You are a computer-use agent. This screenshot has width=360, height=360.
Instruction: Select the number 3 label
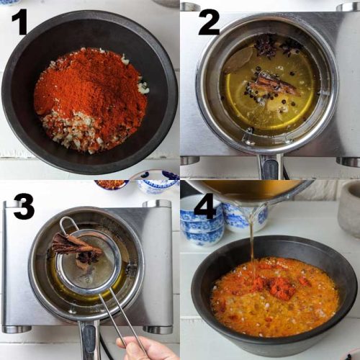click(23, 207)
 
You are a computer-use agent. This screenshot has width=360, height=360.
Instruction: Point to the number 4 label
click(206, 207)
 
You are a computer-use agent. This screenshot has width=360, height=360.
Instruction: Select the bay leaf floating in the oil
click(238, 61)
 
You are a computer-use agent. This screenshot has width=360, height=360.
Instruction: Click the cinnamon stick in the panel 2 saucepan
click(277, 84)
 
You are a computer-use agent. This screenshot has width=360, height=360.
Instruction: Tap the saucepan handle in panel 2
click(270, 167)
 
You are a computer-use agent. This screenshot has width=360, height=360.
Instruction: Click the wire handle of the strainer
click(119, 317)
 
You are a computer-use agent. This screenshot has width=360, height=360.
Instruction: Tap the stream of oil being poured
click(252, 238)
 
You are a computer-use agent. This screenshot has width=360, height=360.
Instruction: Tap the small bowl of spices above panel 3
click(111, 184)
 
